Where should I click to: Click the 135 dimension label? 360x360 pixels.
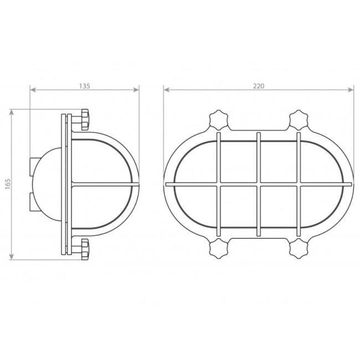click(x=85, y=86)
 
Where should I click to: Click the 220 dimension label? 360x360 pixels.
click(x=259, y=86)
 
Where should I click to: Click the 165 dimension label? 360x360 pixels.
click(x=8, y=184)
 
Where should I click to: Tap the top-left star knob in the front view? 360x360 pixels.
click(x=219, y=120)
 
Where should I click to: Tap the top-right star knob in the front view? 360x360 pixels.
click(x=298, y=120)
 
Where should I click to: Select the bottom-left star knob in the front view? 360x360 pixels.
click(x=219, y=249)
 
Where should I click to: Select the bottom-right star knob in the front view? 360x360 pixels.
click(x=298, y=249)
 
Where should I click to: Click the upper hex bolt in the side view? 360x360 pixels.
click(x=85, y=120)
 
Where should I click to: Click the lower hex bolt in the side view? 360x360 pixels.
click(x=85, y=249)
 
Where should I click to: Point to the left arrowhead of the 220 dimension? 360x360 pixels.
click(x=166, y=90)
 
